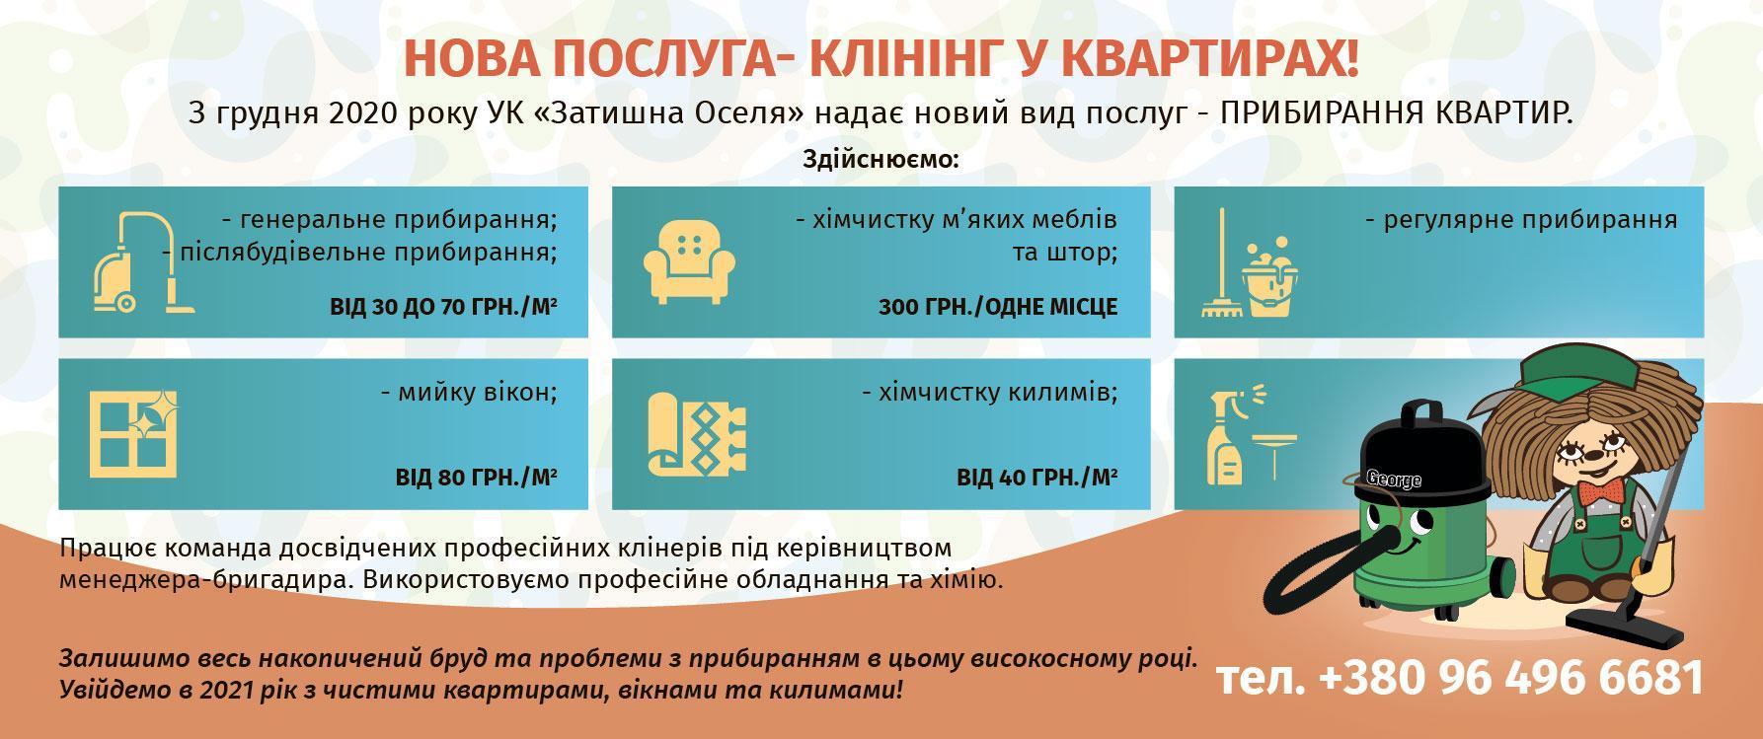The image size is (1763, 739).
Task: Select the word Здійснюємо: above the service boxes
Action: (881, 160)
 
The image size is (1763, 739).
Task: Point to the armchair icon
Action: (689, 261)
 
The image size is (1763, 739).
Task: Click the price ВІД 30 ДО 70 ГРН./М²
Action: (443, 307)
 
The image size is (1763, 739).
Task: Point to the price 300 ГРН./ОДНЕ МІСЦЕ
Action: (998, 307)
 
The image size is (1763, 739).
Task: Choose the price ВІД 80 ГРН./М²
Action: (477, 479)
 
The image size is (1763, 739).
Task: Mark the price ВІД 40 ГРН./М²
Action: (1037, 479)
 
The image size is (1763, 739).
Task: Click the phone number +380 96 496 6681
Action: (1511, 679)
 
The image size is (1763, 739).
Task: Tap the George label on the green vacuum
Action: (1394, 480)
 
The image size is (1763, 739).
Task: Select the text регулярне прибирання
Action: (1521, 219)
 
